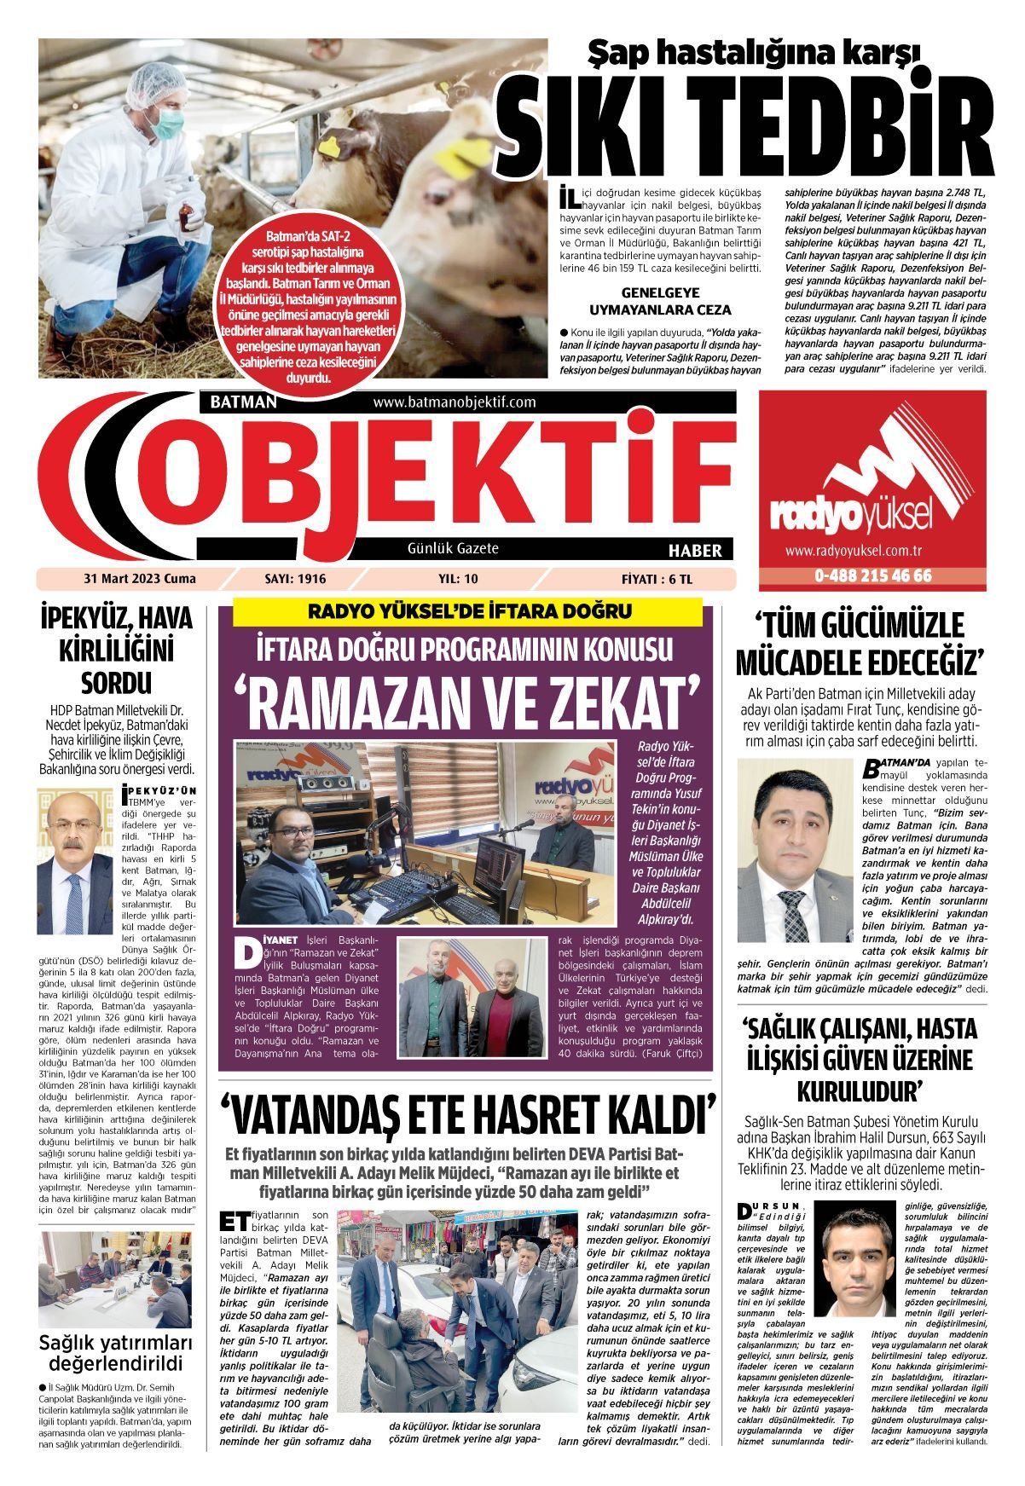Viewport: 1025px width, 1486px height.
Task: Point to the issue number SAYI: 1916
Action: point(296,579)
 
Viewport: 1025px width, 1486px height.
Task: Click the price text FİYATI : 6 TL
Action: point(657,579)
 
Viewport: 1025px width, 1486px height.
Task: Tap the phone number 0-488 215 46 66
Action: point(872,576)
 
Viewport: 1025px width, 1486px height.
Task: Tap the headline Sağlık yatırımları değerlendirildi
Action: point(112,1353)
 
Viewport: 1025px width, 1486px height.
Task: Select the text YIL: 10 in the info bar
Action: point(458,579)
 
